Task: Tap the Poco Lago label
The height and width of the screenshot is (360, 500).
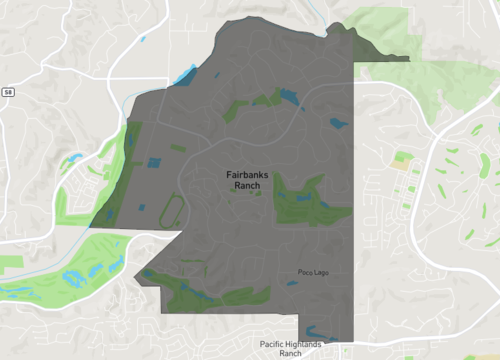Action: click(x=312, y=272)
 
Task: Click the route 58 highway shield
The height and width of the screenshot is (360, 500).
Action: click(x=8, y=91)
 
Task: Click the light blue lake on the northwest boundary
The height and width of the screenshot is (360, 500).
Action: click(x=186, y=73)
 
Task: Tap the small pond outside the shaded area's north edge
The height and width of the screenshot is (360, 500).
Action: click(x=141, y=39)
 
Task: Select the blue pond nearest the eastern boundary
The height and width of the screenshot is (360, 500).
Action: click(x=336, y=124)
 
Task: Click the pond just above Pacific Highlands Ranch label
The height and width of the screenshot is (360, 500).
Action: click(x=316, y=332)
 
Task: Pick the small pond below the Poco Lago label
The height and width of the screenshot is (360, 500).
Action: click(x=291, y=284)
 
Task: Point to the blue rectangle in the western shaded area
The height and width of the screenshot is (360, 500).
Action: click(x=153, y=162)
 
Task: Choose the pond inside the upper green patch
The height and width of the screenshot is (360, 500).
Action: click(x=289, y=96)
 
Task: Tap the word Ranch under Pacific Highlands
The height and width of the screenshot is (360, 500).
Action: click(x=291, y=354)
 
